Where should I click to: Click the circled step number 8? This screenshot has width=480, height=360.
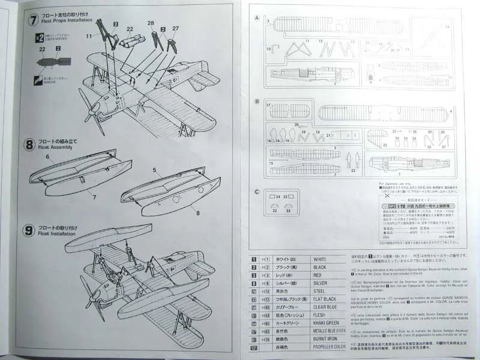click(x=29, y=145)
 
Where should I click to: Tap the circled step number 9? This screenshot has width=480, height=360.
click(x=29, y=230)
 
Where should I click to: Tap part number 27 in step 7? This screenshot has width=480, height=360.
click(x=176, y=28)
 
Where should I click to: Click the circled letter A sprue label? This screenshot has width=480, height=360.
click(x=257, y=18)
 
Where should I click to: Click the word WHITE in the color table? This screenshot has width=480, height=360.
click(x=322, y=258)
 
